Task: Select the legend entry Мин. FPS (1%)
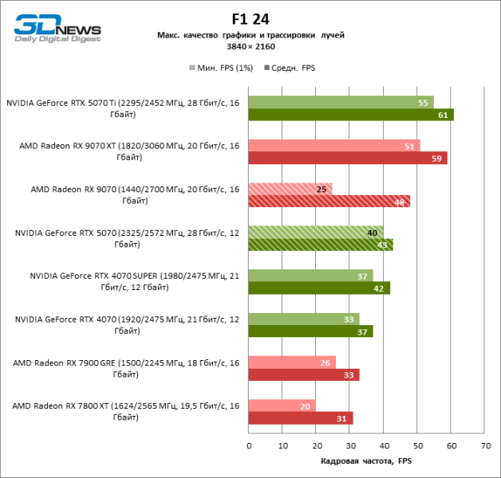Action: (x=221, y=69)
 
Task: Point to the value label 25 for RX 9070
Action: (x=321, y=189)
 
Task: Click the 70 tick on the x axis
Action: (x=484, y=445)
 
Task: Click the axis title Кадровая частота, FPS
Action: (x=366, y=461)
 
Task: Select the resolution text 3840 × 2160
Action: (x=250, y=48)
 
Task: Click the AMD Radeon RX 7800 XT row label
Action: (x=125, y=411)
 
